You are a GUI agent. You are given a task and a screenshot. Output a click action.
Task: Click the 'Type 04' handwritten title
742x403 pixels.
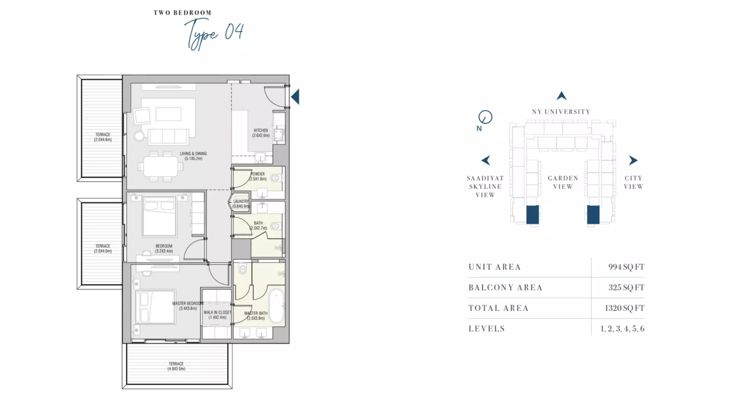(x=214, y=34)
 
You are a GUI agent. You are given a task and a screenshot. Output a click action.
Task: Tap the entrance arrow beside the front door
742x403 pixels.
(x=295, y=97)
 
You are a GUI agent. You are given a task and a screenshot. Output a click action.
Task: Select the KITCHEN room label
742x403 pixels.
(x=261, y=133)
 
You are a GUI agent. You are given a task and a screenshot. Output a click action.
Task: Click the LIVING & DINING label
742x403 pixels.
(x=194, y=156)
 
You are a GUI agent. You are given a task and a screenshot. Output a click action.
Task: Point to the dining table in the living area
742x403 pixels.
(x=161, y=167)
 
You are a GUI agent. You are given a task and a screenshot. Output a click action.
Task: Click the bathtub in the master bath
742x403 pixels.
(x=277, y=306)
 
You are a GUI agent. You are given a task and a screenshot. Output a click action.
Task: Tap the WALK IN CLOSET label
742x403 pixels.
(x=217, y=315)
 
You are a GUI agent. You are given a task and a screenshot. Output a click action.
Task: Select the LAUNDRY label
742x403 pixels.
(x=241, y=204)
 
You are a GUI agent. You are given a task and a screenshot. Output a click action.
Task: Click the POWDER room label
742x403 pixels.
(x=258, y=176)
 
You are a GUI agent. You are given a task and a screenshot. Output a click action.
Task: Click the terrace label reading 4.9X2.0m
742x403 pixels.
(x=176, y=366)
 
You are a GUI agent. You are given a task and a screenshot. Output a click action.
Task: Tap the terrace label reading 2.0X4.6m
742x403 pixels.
(x=103, y=137)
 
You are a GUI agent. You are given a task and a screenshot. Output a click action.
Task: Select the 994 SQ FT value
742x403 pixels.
(x=626, y=267)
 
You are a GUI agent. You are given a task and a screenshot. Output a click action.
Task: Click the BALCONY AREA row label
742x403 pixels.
(x=506, y=288)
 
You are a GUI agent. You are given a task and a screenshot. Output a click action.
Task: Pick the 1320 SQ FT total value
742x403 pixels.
(x=624, y=308)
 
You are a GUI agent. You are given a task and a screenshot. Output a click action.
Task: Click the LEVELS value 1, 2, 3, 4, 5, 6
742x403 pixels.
(x=622, y=329)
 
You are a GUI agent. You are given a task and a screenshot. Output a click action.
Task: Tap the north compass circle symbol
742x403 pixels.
(x=485, y=117)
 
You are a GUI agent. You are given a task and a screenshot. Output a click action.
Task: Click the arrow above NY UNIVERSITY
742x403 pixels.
(x=561, y=96)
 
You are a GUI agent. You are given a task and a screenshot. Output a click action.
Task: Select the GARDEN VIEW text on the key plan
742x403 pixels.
(x=563, y=182)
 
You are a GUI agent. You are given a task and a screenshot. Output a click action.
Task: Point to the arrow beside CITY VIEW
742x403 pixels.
(x=633, y=160)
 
